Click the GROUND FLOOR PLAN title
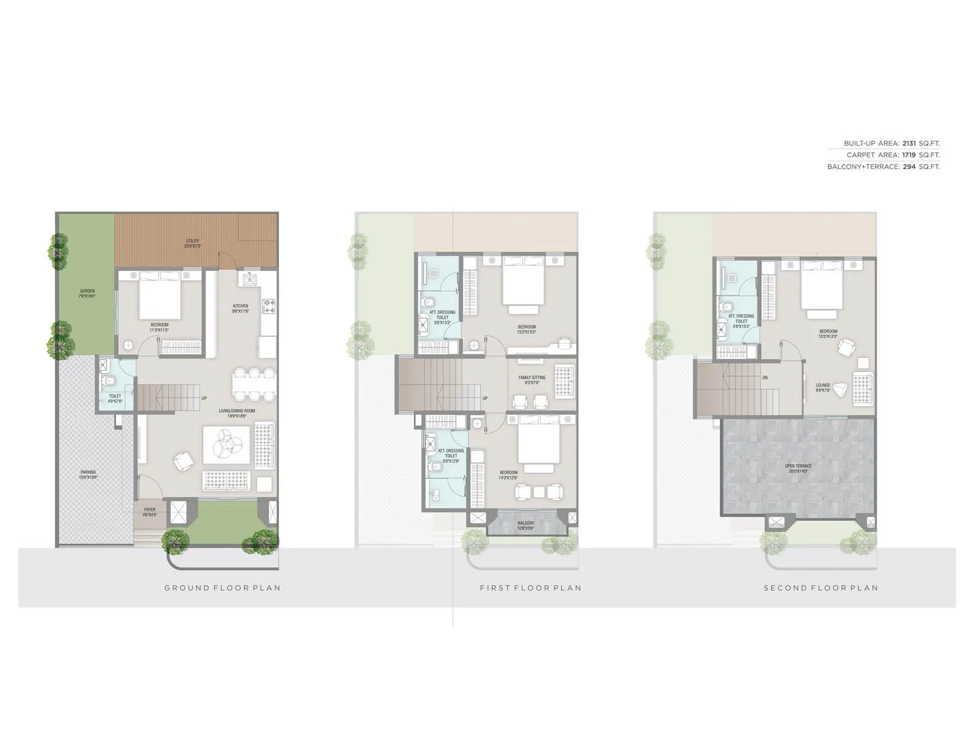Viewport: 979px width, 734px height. click(222, 588)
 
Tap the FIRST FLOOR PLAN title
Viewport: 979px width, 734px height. click(530, 588)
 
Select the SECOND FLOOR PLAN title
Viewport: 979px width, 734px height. click(821, 588)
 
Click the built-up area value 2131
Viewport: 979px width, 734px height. click(909, 144)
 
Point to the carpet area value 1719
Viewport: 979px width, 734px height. click(909, 155)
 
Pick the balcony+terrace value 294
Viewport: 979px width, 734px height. click(909, 167)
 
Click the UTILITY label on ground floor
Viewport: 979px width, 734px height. click(193, 241)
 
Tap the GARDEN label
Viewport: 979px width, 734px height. click(87, 291)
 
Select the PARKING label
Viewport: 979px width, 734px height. click(88, 472)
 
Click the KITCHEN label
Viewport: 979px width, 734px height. click(240, 306)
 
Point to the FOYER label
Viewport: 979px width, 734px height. click(150, 510)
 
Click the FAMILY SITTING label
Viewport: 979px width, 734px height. click(532, 377)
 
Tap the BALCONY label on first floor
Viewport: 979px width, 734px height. click(526, 524)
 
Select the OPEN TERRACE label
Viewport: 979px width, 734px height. click(798, 466)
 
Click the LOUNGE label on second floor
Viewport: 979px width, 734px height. click(823, 385)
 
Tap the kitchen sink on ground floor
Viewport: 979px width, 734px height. click(250, 280)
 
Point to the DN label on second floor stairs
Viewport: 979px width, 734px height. click(765, 378)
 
